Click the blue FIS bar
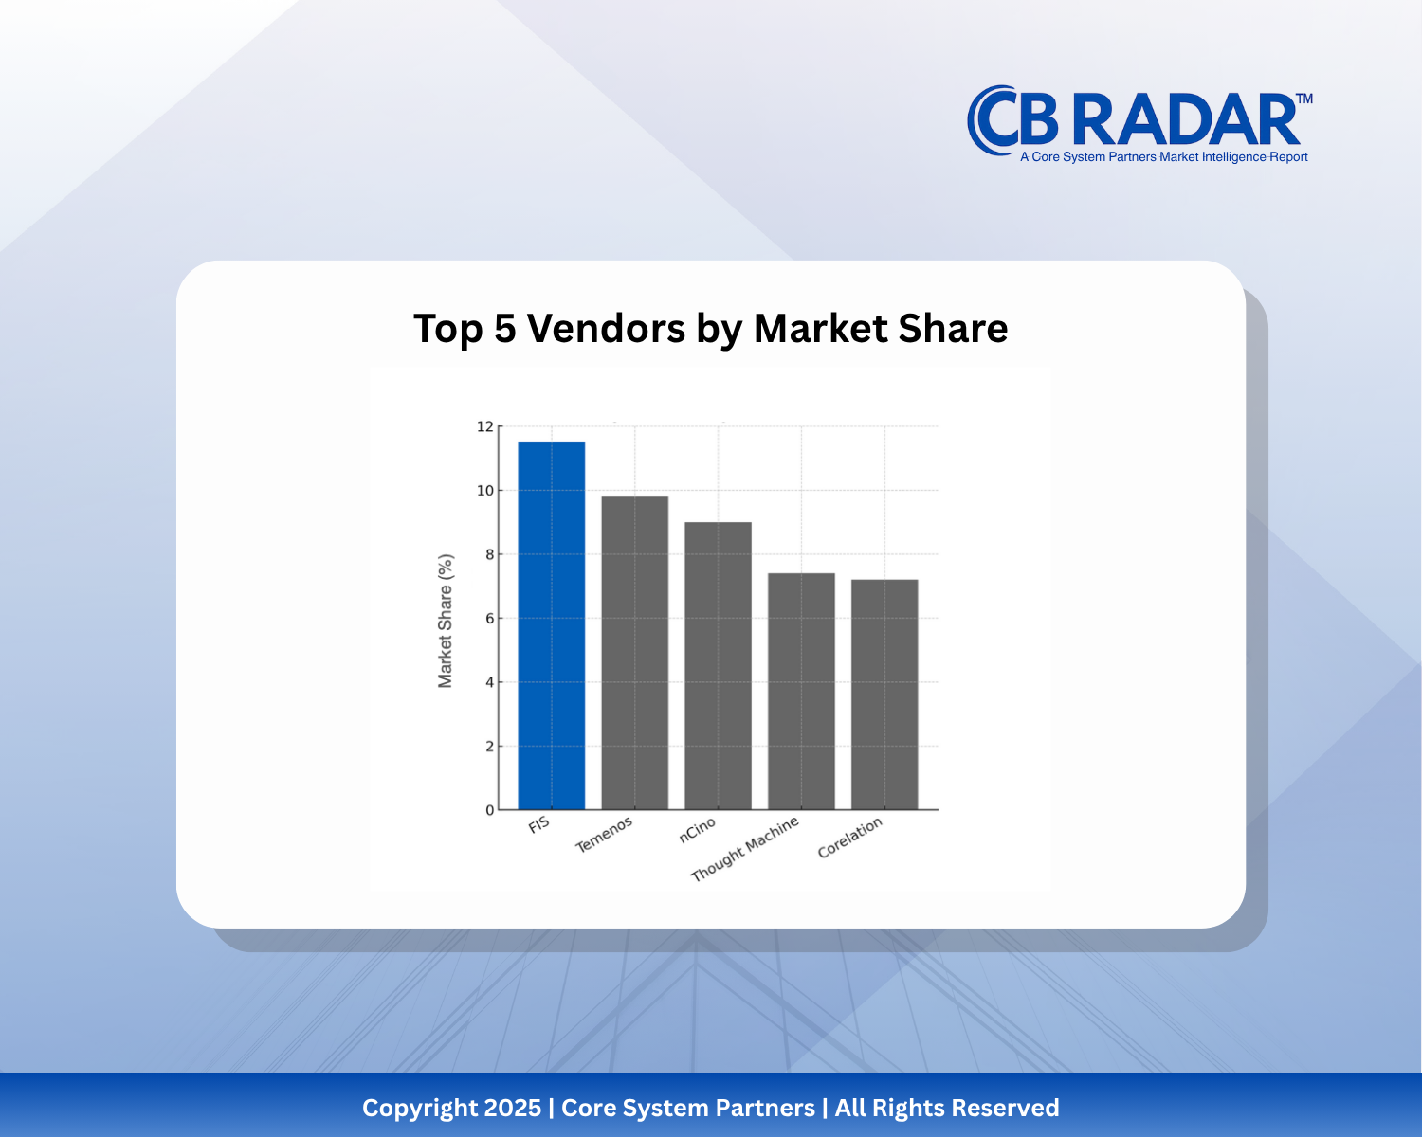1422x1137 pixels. [x=551, y=625]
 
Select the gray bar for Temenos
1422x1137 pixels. [x=634, y=653]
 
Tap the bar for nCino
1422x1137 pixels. [x=718, y=665]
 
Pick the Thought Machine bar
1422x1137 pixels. [x=801, y=691]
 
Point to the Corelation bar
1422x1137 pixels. [x=884, y=695]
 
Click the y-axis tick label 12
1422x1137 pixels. [x=485, y=426]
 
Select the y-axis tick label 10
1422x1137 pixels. [x=485, y=491]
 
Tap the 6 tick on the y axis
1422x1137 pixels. [x=489, y=619]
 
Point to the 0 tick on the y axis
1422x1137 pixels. [x=489, y=810]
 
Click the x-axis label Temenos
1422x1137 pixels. [x=604, y=835]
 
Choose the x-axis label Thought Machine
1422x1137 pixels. [x=745, y=849]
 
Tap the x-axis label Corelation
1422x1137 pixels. [x=849, y=838]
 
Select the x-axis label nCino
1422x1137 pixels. [x=697, y=830]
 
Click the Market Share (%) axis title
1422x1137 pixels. [x=446, y=621]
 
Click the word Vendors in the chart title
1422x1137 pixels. [x=606, y=329]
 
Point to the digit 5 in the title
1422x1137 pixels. [x=505, y=329]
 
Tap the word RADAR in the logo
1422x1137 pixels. [x=1185, y=119]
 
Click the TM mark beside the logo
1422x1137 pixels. [x=1304, y=99]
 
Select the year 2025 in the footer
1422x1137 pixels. [x=512, y=1108]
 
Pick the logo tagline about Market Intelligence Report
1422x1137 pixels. [x=1163, y=157]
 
